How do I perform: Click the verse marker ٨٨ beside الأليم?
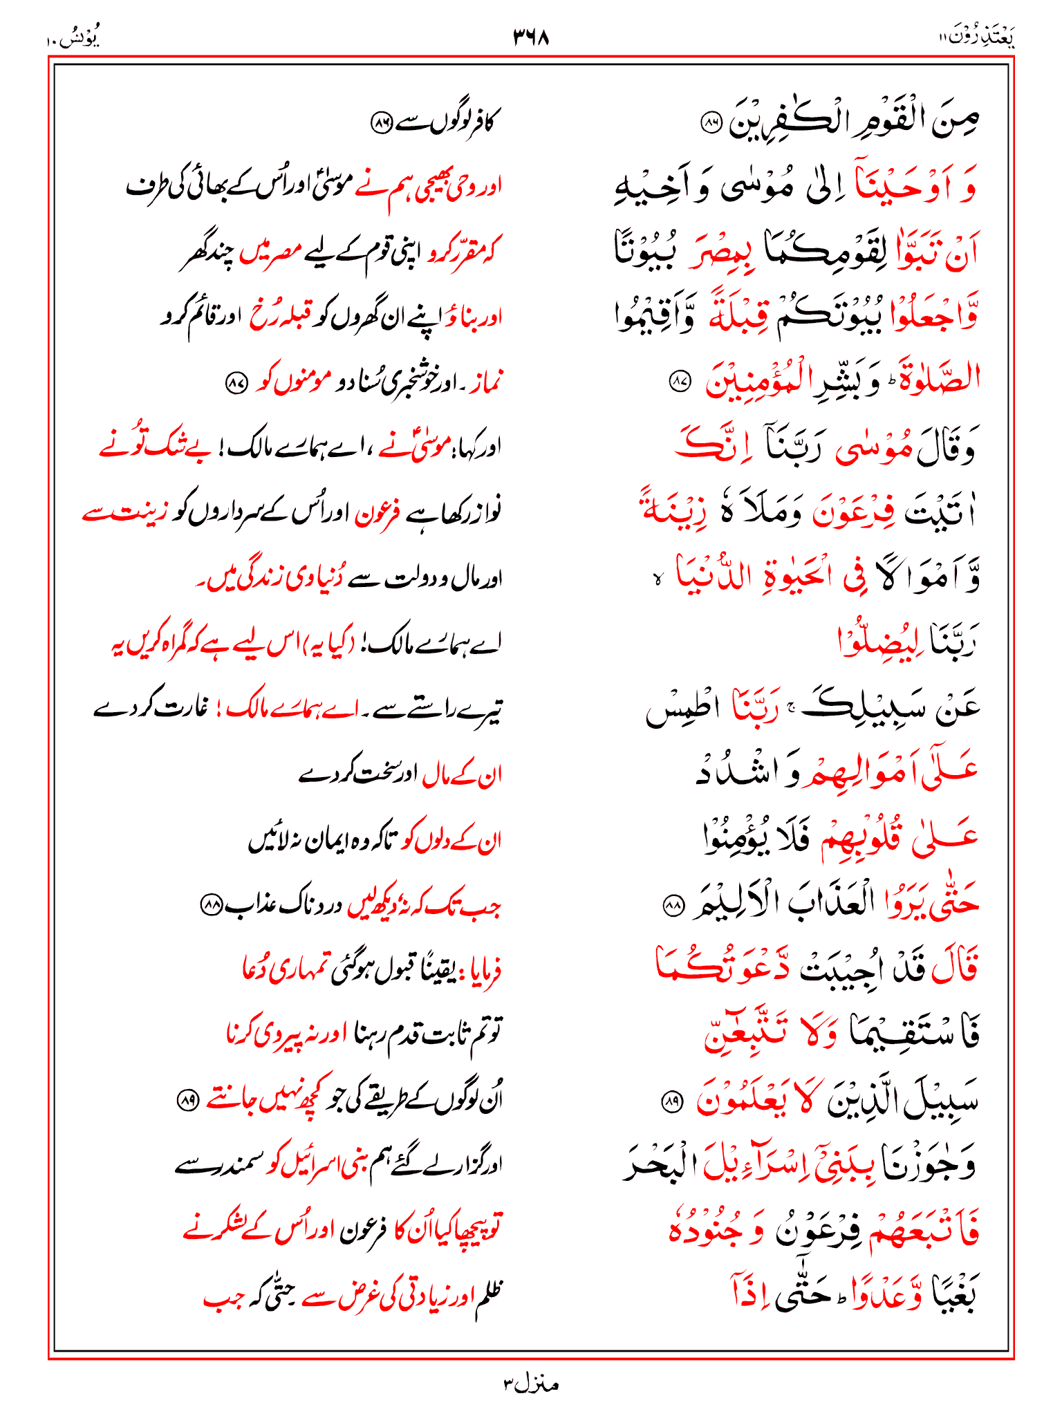tap(673, 905)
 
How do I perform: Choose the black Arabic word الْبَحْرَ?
tap(657, 1166)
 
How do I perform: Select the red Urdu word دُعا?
tap(256, 970)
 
